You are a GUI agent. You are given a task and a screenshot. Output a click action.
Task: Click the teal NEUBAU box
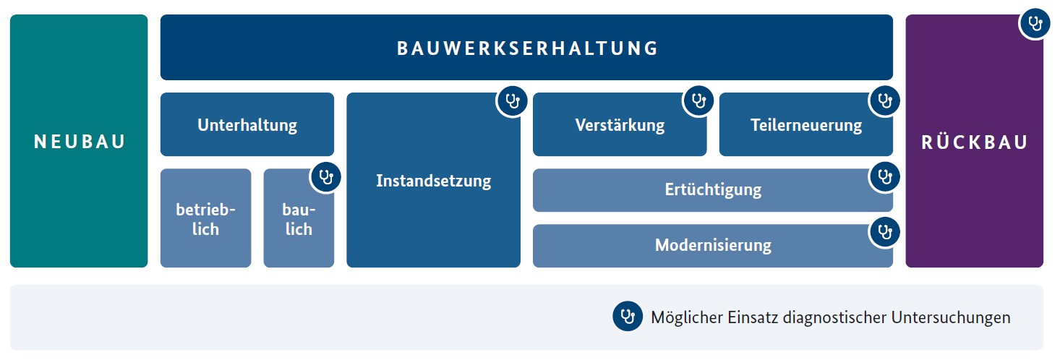coord(79,141)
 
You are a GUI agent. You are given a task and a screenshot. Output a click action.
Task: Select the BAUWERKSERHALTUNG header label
coord(527,48)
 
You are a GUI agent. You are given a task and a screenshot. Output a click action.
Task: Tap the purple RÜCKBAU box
coord(975,141)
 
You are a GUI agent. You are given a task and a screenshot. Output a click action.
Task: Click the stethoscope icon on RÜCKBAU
coord(1035,23)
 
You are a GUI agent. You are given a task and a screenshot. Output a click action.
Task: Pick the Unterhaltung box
coord(247,124)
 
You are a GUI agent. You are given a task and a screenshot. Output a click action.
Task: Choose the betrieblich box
coord(205,218)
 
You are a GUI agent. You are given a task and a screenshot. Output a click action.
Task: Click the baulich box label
coord(299,219)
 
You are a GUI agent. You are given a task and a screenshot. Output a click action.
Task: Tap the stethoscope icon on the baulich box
coord(325,177)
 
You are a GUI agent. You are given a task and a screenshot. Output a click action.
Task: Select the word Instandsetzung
coord(433,181)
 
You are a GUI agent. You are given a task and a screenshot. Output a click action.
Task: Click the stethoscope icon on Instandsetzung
coord(512,100)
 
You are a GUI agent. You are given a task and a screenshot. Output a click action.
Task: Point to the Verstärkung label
coord(620,125)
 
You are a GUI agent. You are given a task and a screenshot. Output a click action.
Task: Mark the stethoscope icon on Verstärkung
coord(698,100)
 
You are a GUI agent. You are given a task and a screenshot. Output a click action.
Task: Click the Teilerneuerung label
coord(806,125)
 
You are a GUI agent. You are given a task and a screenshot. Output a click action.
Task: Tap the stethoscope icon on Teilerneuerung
coord(884,100)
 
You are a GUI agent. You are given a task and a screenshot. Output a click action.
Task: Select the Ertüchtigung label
coord(713,189)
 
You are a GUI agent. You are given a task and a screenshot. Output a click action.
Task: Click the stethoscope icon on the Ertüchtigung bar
coord(884,177)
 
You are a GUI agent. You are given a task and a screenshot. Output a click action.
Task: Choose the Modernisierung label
coord(713,245)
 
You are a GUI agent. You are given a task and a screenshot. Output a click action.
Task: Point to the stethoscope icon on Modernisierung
coord(884,232)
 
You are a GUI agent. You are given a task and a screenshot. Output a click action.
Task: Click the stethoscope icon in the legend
coord(628,316)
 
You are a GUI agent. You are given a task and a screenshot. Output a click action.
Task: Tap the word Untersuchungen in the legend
coord(951,317)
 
